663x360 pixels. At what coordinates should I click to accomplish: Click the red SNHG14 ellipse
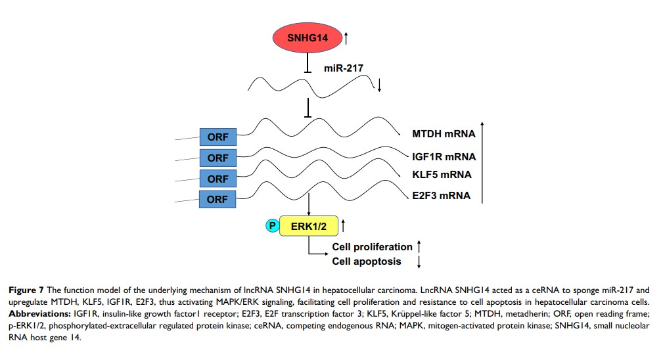click(308, 39)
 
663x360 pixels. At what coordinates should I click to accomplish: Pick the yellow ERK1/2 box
click(308, 226)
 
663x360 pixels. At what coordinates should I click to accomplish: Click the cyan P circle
click(271, 226)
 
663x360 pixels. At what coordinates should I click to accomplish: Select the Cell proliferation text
click(372, 247)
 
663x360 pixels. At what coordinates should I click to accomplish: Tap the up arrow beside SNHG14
click(346, 39)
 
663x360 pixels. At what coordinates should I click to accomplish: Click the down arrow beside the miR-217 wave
click(379, 84)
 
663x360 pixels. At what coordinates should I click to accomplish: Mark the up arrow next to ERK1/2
click(343, 226)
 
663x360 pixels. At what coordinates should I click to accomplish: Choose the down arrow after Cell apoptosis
click(419, 262)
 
